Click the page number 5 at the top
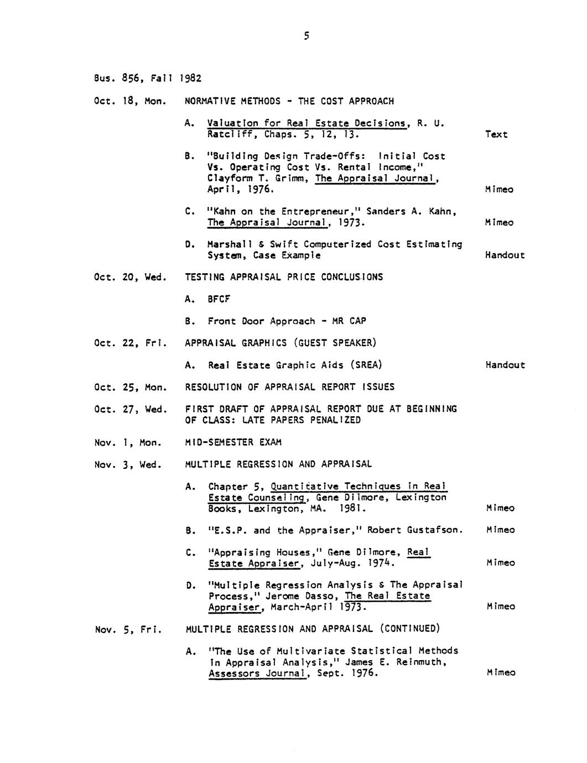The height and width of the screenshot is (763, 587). click(306, 37)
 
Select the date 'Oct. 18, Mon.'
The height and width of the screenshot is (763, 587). click(131, 101)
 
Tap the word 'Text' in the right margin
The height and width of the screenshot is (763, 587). click(496, 134)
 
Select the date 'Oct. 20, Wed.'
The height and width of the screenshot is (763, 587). click(131, 277)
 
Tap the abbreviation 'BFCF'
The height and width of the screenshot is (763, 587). click(219, 299)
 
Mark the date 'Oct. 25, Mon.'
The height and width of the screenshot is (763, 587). click(131, 387)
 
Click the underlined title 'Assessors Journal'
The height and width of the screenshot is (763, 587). click(257, 673)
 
